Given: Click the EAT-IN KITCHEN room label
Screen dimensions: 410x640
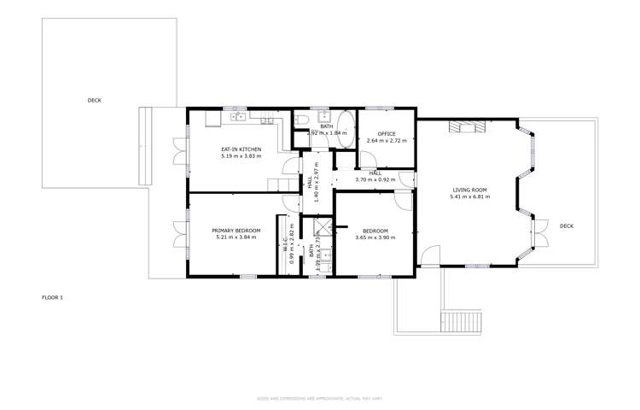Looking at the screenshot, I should [240, 149].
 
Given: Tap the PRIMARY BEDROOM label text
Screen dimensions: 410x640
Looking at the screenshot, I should [236, 231].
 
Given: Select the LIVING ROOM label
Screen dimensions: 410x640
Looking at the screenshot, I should [468, 190].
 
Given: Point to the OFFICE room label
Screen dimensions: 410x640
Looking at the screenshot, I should [387, 133].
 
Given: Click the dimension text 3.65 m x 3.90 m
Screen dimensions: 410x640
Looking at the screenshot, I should [375, 238].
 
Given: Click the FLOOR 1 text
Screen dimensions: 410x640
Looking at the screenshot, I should [53, 297].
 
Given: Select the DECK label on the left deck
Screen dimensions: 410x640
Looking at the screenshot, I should [94, 100].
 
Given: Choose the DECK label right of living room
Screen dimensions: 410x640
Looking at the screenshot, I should [567, 225].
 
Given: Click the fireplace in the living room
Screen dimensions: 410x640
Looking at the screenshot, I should [469, 127].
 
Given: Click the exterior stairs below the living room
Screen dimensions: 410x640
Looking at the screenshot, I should [461, 324].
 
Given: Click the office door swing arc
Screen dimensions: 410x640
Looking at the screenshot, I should [369, 159].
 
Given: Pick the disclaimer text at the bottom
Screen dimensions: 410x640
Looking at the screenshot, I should [319, 399].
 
